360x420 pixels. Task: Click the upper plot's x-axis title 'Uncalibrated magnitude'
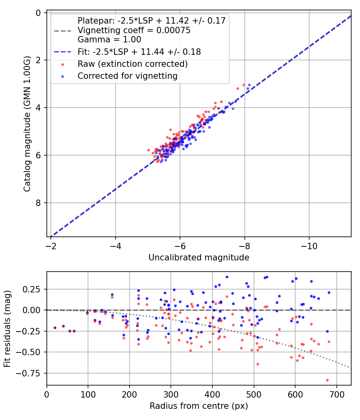(x=199, y=258)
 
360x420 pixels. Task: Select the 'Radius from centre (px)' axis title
(x=199, y=406)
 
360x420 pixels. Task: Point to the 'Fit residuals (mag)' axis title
(x=8, y=329)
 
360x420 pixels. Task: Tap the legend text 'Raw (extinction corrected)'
(x=132, y=64)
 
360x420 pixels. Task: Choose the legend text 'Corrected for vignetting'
(x=127, y=76)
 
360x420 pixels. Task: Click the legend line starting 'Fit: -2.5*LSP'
(x=139, y=52)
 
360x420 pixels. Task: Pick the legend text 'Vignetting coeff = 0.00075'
(x=134, y=30)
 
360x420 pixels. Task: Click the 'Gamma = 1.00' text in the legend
(x=109, y=40)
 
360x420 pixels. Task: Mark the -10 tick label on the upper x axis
(x=309, y=244)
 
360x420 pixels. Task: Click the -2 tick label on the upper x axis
(x=51, y=244)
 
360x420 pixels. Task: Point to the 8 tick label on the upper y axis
(x=38, y=203)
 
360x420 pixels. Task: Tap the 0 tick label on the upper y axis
(x=38, y=13)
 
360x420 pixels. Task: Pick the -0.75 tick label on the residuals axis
(x=32, y=373)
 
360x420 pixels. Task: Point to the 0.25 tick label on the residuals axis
(x=34, y=289)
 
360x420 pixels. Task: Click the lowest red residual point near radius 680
(x=327, y=380)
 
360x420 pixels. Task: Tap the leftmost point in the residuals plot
(x=55, y=328)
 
